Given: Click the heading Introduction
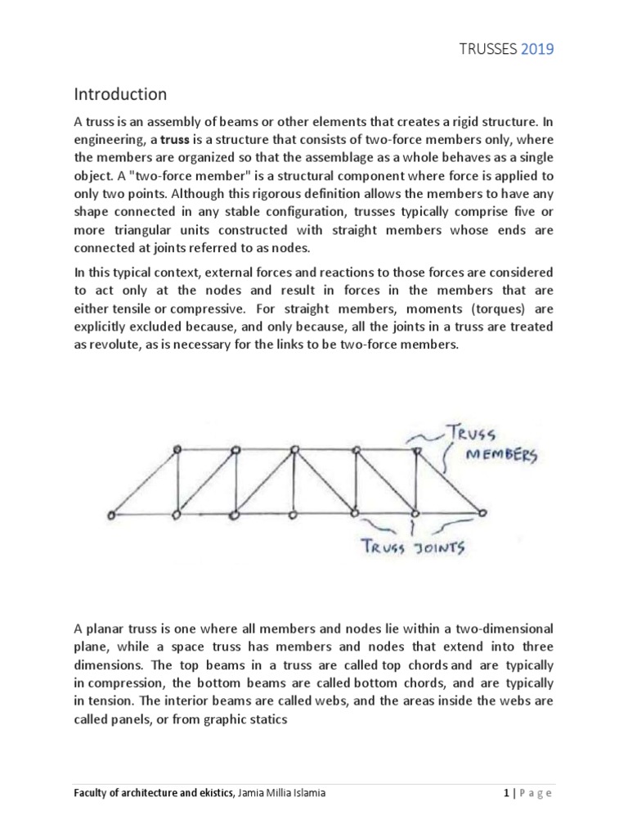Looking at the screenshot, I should [122, 94].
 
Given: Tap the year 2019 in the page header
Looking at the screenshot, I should [538, 49].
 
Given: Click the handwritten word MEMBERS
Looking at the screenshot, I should [501, 456].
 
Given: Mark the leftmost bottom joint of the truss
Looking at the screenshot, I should [111, 516].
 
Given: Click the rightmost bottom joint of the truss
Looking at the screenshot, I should [482, 512].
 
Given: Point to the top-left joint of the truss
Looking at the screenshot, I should [176, 449].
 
